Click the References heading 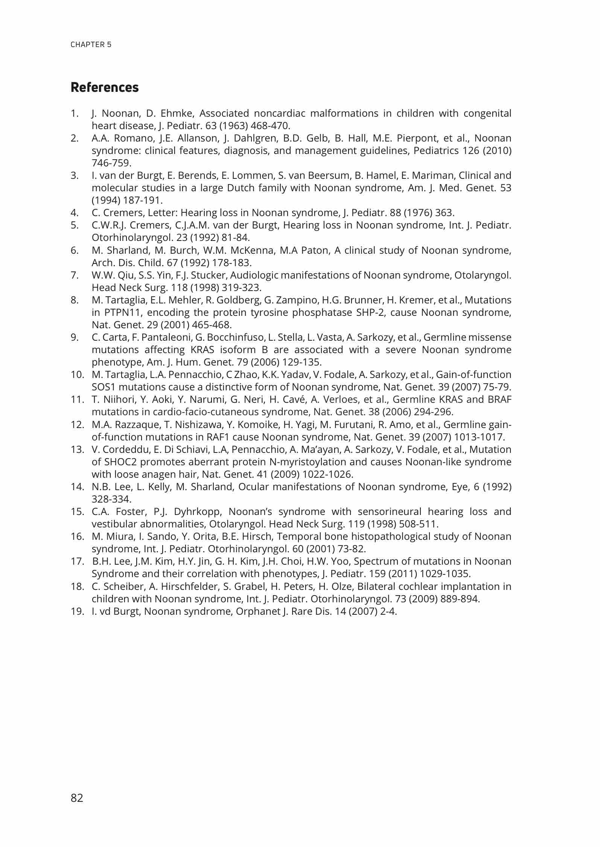pyautogui.click(x=105, y=87)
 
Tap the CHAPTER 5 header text pyautogui.click(x=91, y=44)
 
